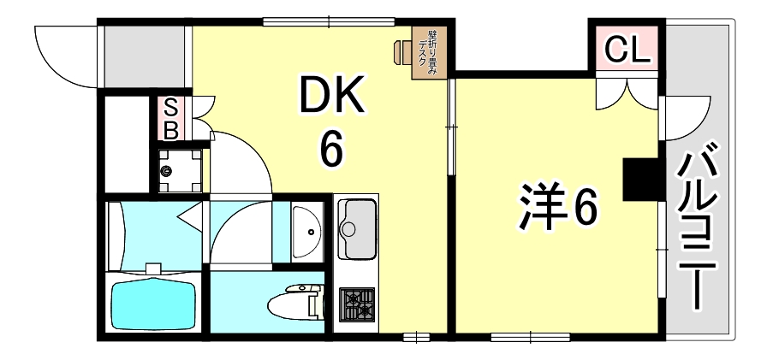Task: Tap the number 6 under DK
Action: click(331, 150)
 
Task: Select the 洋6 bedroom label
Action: click(556, 205)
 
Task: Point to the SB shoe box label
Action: click(170, 119)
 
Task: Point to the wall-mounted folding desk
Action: click(426, 54)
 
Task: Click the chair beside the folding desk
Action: click(402, 51)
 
